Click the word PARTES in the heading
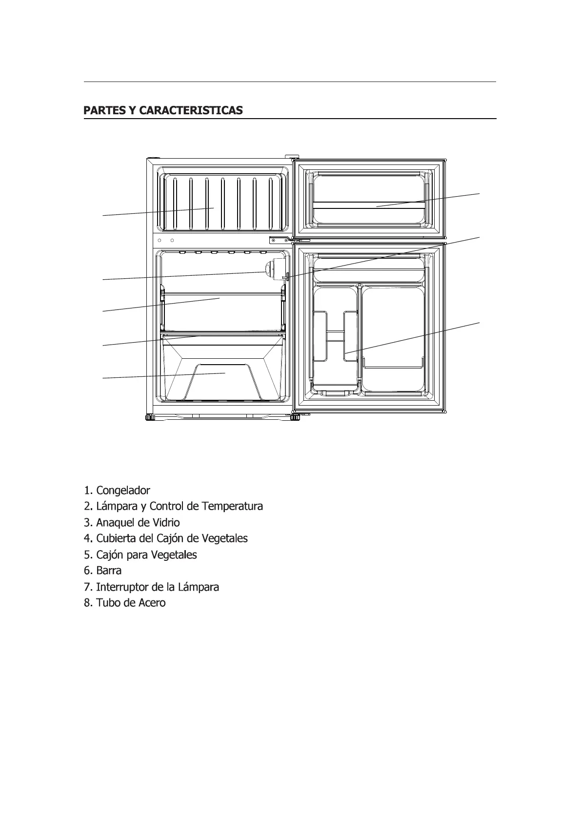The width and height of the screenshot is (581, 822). [x=104, y=110]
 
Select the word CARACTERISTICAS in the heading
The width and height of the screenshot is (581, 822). [x=191, y=110]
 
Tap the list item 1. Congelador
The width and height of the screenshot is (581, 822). [x=117, y=490]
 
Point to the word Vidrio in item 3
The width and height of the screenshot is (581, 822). [x=166, y=522]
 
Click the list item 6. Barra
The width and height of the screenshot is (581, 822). [x=103, y=571]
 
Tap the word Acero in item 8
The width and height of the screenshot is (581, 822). [x=152, y=603]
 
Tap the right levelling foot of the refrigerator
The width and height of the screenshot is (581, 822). [x=295, y=417]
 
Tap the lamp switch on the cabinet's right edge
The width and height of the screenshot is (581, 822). [x=286, y=277]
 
